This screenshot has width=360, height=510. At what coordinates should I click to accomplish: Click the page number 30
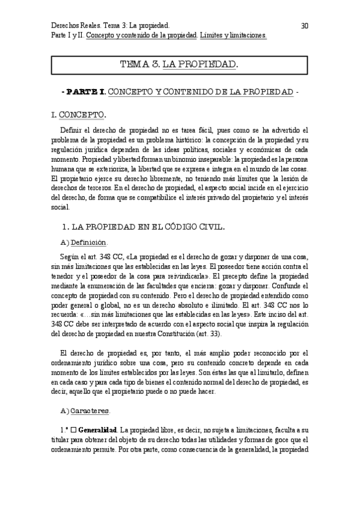[304, 26]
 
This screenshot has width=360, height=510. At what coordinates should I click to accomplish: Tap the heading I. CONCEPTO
[80, 114]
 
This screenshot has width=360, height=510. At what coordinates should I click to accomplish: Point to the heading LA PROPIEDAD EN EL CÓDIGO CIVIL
[148, 227]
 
